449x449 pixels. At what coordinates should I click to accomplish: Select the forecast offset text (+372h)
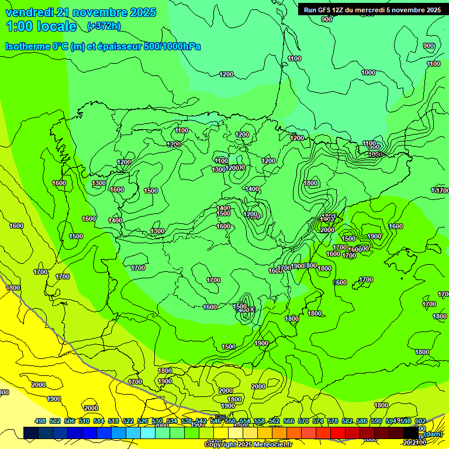103,26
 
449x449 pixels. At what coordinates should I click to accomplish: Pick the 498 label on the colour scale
40,421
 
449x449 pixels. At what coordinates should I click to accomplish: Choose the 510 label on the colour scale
84,421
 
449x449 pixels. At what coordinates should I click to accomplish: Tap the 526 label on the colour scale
143,421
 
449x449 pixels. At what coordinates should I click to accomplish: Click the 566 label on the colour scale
289,421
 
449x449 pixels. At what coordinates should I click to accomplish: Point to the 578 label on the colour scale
333,421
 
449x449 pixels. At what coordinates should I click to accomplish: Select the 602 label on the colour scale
420,421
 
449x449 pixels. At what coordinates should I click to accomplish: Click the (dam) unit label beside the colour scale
433,434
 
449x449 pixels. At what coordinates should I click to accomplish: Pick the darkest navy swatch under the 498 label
31,433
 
